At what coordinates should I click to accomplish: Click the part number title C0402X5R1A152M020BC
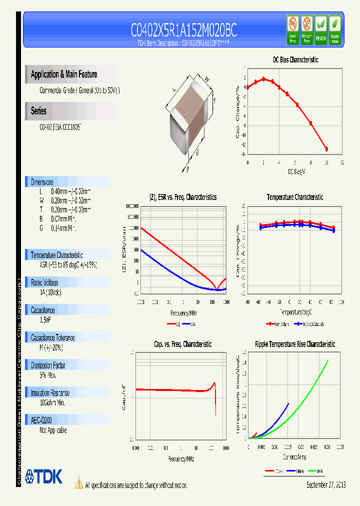click(183, 31)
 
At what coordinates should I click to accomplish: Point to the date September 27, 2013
click(325, 484)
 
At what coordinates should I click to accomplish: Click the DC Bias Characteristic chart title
click(295, 59)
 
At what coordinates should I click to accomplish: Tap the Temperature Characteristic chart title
click(294, 197)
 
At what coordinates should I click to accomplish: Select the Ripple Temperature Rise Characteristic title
click(295, 344)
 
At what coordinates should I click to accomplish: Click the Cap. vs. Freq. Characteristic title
click(182, 344)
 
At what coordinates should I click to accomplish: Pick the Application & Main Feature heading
click(64, 74)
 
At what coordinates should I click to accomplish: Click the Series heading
click(38, 111)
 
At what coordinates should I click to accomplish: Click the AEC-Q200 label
click(41, 420)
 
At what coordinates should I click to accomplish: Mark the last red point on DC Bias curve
click(326, 149)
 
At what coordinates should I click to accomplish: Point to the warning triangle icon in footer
click(78, 483)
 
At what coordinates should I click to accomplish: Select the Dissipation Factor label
click(49, 365)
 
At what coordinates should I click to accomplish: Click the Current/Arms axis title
click(294, 457)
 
